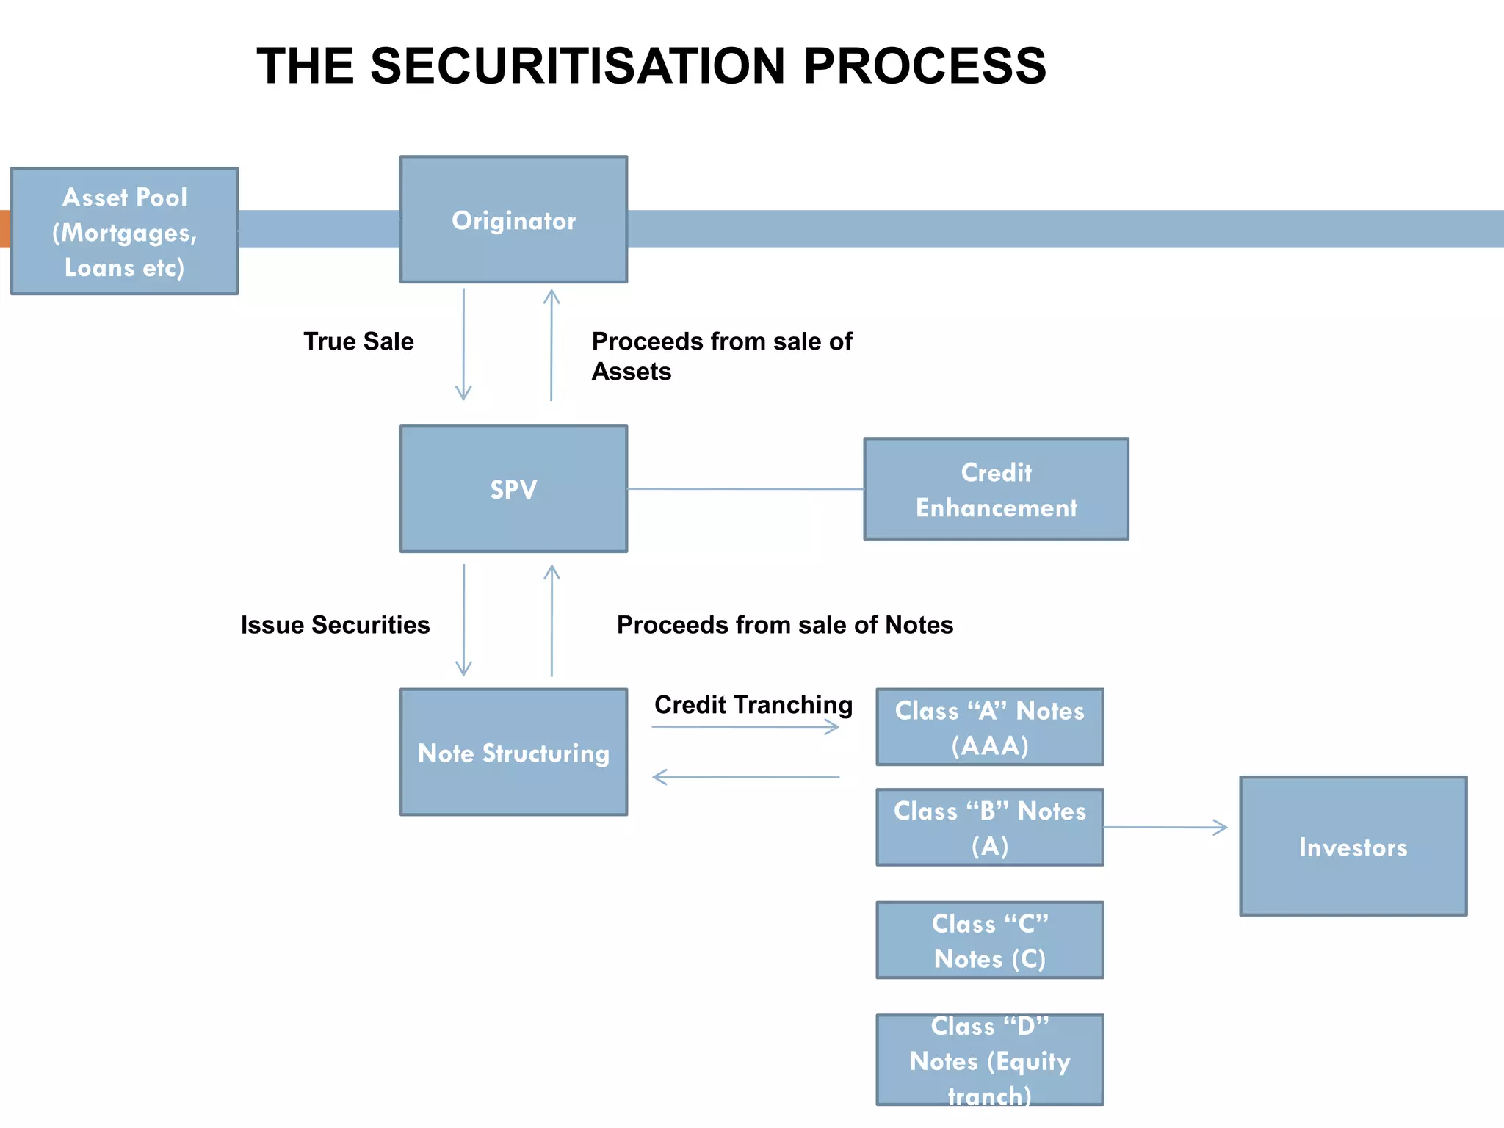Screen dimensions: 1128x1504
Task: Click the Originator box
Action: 513,220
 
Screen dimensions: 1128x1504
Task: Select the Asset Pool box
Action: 124,231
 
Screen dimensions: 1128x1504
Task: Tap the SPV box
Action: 513,489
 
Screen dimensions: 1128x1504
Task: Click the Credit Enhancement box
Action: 996,489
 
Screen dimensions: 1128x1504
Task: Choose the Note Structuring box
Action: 513,752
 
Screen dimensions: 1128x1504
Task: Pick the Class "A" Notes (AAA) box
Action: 989,727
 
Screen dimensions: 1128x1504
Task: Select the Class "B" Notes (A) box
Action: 989,828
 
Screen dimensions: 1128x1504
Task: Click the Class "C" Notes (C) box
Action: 989,940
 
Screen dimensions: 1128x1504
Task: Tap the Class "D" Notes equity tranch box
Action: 989,1060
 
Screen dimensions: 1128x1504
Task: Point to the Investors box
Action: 1353,846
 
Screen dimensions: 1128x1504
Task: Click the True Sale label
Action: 358,341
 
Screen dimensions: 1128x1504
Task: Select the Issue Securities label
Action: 335,625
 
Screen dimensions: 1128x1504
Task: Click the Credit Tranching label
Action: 753,705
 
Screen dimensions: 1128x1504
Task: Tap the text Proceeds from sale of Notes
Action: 784,625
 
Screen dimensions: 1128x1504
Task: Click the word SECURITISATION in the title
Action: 578,66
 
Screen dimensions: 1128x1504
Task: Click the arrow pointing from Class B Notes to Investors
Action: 1165,828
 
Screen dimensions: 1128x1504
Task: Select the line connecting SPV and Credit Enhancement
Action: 745,489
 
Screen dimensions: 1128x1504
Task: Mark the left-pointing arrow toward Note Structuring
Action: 745,777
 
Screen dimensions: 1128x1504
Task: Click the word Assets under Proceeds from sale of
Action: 632,372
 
